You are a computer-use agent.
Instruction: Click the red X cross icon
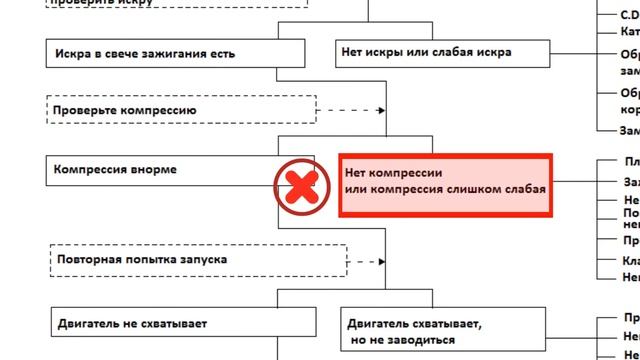(x=304, y=185)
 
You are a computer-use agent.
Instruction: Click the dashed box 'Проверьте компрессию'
(x=181, y=109)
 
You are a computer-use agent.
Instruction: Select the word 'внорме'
(x=154, y=170)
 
